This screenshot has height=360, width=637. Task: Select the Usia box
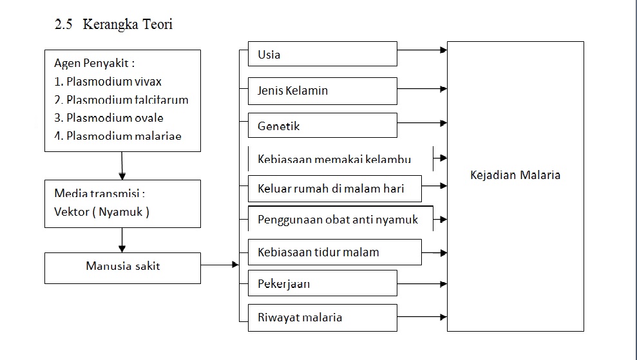tap(322, 54)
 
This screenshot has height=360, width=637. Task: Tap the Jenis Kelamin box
tap(322, 91)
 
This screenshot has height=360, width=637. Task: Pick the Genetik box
tap(322, 126)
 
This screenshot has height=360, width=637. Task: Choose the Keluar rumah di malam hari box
tap(334, 189)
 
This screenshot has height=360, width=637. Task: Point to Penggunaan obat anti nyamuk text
tap(338, 220)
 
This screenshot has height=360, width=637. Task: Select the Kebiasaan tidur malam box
tap(334, 252)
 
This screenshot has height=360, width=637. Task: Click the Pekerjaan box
tap(322, 283)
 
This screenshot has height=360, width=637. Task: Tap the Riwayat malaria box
tap(322, 317)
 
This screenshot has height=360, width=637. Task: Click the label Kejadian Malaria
tap(515, 175)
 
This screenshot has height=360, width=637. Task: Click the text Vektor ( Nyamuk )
tap(102, 212)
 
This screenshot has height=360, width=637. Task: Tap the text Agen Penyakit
tap(95, 64)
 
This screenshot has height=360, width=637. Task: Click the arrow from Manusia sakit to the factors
tap(219, 264)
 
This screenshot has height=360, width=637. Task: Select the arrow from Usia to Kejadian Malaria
tap(422, 50)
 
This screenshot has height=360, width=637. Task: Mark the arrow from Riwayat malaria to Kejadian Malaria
tap(422, 317)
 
